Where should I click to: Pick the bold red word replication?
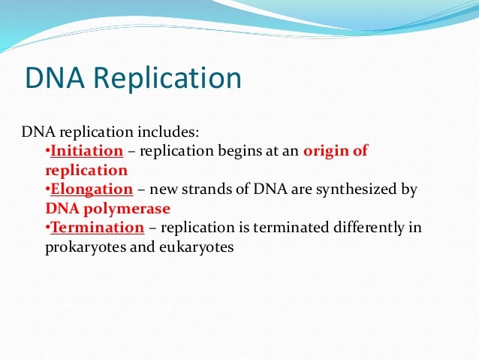[x=86, y=171]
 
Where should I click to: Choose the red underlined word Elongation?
[x=91, y=189]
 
